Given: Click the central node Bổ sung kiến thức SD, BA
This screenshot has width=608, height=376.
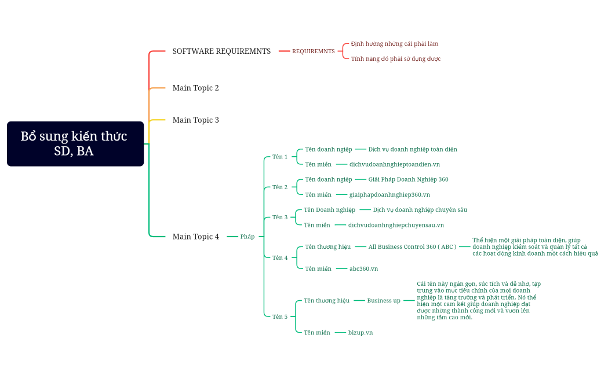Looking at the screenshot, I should point(75,143).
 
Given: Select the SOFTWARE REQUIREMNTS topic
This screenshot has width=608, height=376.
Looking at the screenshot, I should point(221,51).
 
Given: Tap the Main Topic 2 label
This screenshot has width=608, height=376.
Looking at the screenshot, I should point(195,88).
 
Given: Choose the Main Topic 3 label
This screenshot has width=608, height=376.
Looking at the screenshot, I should point(195,120).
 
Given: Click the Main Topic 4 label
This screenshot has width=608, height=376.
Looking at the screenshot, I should point(195,237).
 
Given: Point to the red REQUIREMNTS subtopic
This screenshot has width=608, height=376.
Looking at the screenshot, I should point(313,51).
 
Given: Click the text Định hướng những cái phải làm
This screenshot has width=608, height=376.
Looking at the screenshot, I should point(394,44).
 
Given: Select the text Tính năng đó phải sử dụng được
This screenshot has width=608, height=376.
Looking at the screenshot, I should point(395,59).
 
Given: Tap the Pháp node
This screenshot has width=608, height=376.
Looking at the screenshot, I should point(247,237).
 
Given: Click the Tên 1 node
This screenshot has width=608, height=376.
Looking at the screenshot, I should point(280,157).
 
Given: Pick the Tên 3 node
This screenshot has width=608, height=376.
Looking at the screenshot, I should point(280,218).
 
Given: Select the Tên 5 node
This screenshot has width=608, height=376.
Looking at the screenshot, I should point(280,316).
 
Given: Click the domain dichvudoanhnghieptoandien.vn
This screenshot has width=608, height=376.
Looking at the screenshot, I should point(394,164).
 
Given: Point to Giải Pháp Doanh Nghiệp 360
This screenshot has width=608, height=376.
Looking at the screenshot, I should point(408,179).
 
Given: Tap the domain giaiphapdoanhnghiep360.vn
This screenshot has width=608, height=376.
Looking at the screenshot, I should point(389,195).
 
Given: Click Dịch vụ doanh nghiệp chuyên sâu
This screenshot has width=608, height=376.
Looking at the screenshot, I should point(420,210).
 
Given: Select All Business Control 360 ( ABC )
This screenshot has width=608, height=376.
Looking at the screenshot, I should point(412,247).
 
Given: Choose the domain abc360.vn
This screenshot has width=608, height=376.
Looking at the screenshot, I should point(363,268).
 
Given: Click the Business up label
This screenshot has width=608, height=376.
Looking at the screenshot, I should point(383,301).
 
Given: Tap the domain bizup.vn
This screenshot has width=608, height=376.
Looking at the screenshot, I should point(361,333).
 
